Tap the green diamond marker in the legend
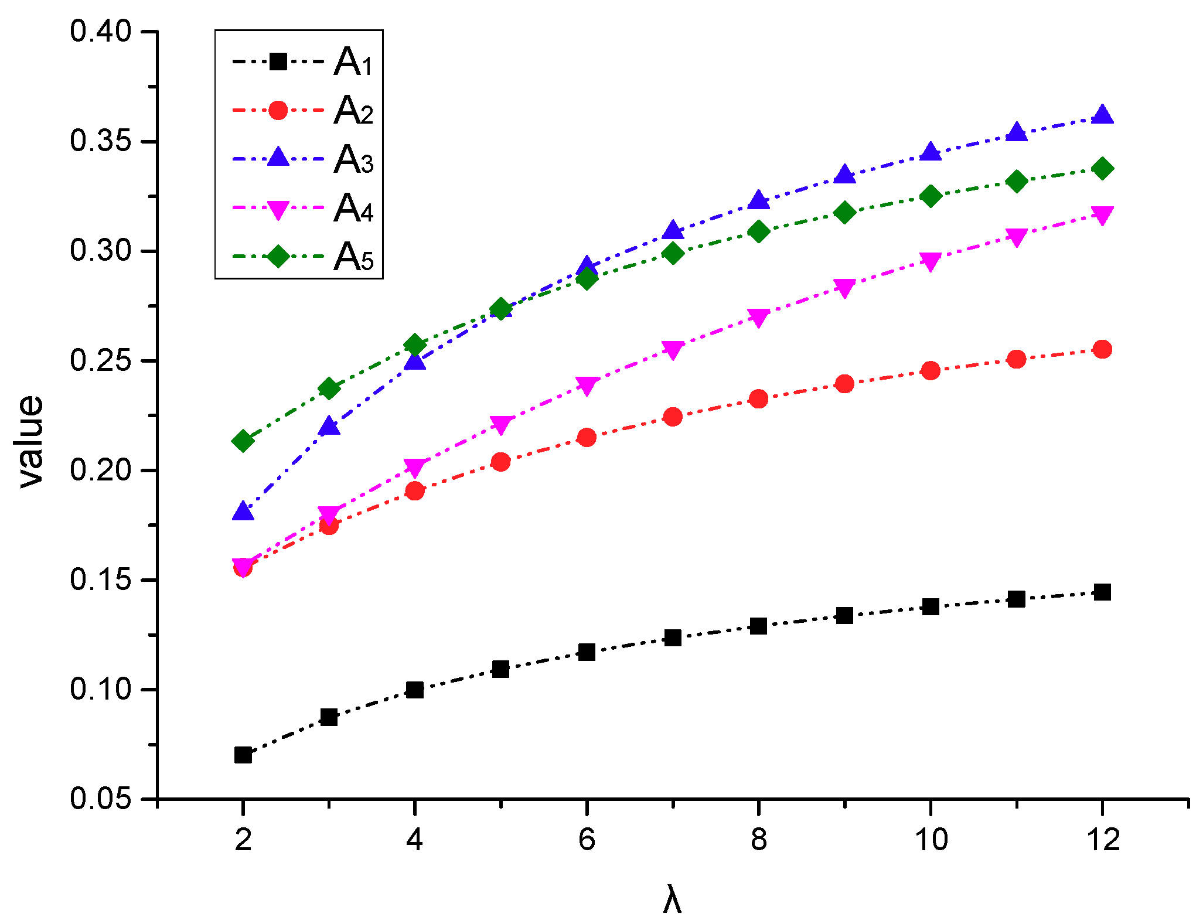tap(278, 256)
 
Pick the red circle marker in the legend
tap(278, 110)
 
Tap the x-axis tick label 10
tap(930, 840)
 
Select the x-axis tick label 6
tap(587, 840)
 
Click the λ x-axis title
tap(672, 900)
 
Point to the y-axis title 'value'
tap(30, 441)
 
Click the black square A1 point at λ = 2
tap(243, 755)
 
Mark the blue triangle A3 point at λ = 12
tap(1102, 115)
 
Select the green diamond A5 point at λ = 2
tap(243, 441)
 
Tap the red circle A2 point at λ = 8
tap(758, 399)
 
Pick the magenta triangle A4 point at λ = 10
tap(930, 261)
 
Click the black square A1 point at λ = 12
tap(1102, 592)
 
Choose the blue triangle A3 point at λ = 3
tap(329, 426)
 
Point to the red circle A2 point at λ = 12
tap(1102, 350)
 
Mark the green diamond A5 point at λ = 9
tap(844, 212)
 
